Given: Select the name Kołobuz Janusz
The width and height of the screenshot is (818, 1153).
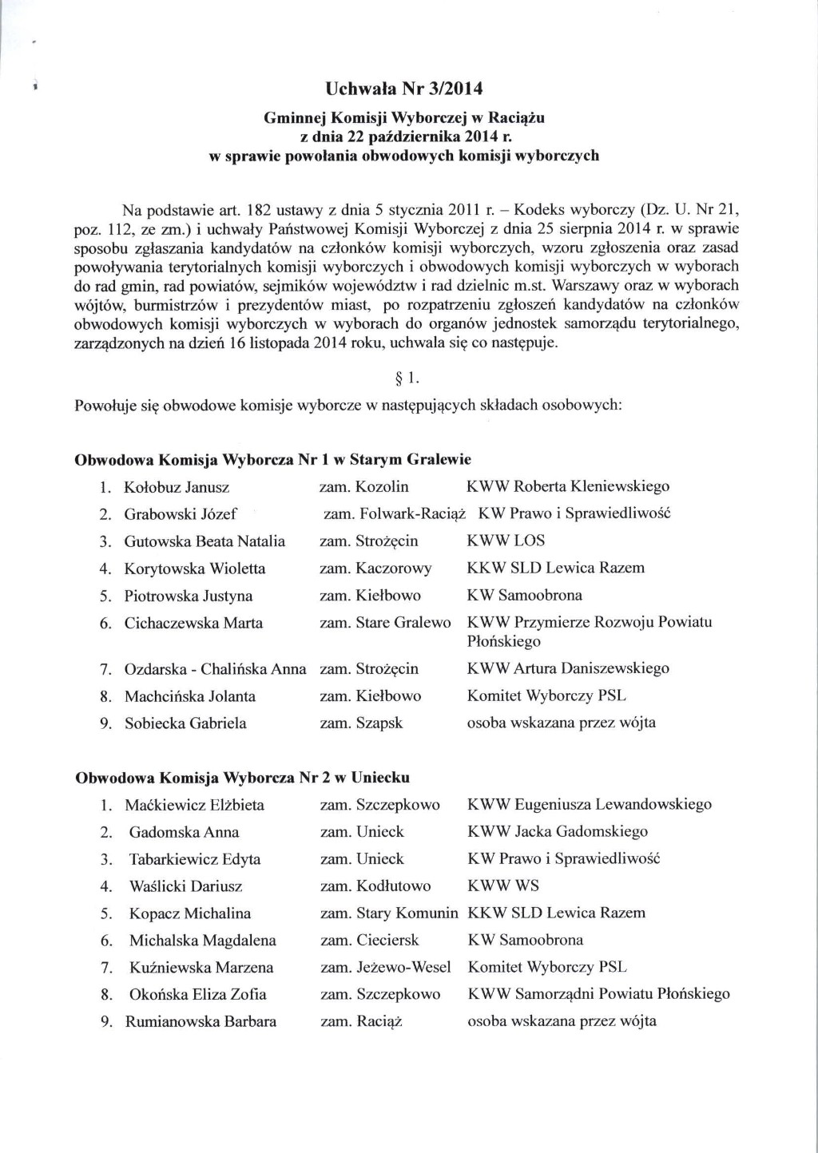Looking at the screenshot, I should click(x=177, y=487).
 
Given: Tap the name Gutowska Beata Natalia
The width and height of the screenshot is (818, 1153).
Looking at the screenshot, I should click(x=204, y=541).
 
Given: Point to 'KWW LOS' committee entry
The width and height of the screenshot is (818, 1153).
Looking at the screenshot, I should click(x=506, y=541).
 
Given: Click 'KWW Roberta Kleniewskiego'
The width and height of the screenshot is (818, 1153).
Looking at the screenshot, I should click(x=568, y=486).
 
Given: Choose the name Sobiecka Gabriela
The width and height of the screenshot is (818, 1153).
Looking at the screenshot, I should click(x=185, y=723).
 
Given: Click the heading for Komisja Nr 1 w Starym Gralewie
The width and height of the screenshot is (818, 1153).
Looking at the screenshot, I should click(x=272, y=460).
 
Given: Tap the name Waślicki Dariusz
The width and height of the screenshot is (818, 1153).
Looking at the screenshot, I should click(x=185, y=886).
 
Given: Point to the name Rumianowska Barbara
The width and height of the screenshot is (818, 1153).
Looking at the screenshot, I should click(x=201, y=1021).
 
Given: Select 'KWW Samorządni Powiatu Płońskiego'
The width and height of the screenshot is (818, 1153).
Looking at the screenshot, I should click(x=598, y=994).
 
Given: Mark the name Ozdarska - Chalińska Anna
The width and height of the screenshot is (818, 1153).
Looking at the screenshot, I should click(x=215, y=669).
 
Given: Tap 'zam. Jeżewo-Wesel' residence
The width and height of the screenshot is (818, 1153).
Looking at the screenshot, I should click(x=386, y=967).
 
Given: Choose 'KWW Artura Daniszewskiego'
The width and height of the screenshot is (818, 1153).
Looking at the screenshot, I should click(x=568, y=668).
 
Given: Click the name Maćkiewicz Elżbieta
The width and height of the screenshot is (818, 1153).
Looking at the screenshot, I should click(x=194, y=805).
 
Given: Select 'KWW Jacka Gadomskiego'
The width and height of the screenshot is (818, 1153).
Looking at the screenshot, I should click(x=558, y=832).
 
